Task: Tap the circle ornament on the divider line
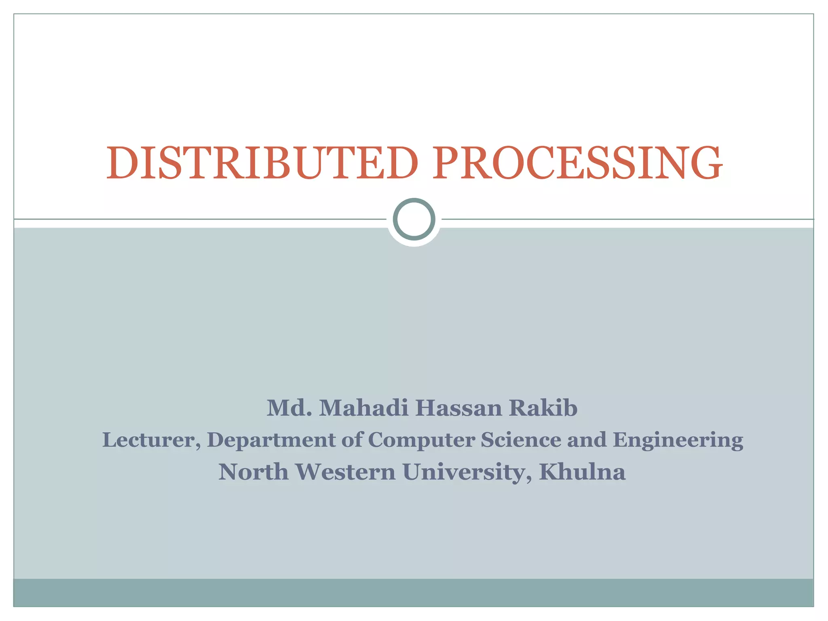pyautogui.click(x=414, y=219)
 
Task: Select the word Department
pyautogui.click(x=271, y=441)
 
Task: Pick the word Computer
pyautogui.click(x=421, y=441)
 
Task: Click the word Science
pyautogui.click(x=521, y=440)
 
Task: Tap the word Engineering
pyautogui.click(x=678, y=441)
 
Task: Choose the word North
pyautogui.click(x=253, y=472)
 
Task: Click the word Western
pyautogui.click(x=345, y=472)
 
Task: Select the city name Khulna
pyautogui.click(x=582, y=472)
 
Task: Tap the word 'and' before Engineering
pyautogui.click(x=587, y=440)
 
